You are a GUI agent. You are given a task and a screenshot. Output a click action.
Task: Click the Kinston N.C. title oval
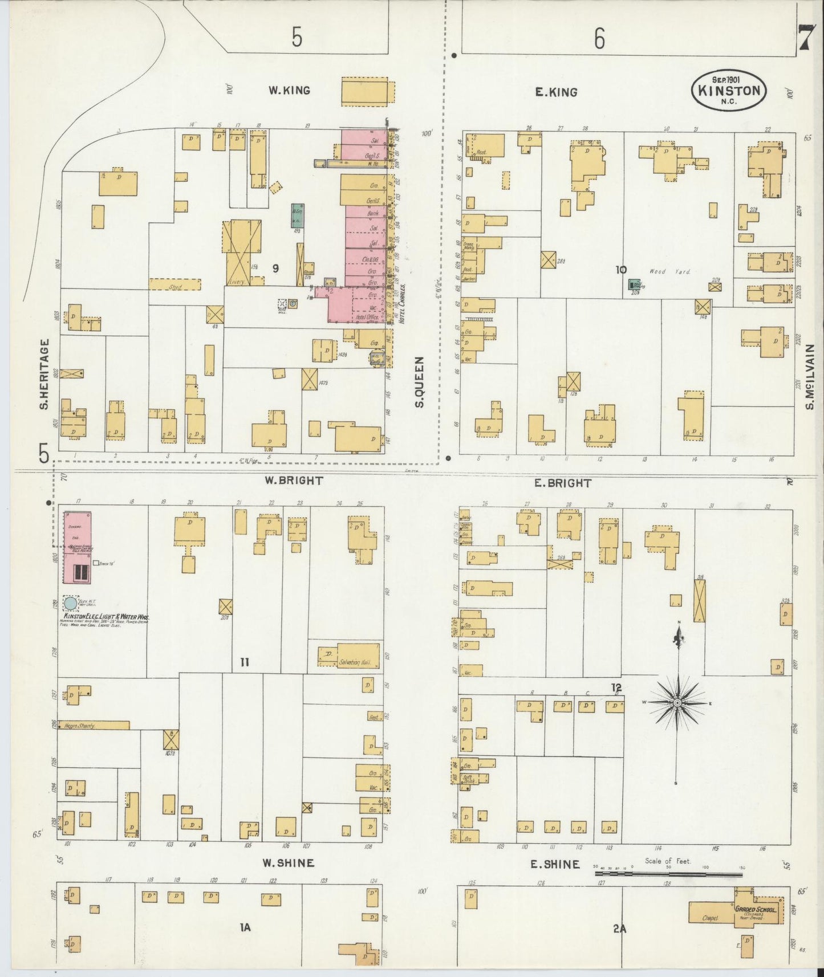[x=729, y=90]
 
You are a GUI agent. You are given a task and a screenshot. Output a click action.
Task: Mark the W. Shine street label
[x=288, y=862]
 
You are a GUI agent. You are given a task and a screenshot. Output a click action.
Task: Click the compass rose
[x=677, y=703]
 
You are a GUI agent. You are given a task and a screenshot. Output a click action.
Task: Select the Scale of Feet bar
[x=668, y=873]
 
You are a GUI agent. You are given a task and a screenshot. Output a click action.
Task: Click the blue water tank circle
[x=70, y=603]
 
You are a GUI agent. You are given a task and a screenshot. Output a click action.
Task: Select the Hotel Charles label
[x=403, y=304]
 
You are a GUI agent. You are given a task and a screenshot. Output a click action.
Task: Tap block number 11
[x=245, y=662]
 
